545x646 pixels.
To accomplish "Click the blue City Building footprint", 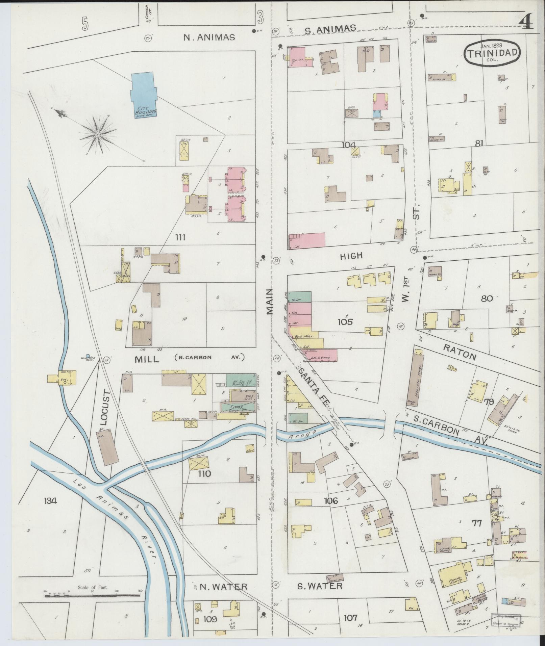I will (143, 95).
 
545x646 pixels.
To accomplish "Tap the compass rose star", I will (97, 135).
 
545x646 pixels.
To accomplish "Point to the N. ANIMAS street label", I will (209, 37).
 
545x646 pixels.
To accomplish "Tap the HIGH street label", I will (351, 256).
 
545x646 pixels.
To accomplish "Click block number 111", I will (180, 237).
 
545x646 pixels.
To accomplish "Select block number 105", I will (345, 321).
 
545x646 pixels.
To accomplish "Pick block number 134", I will (50, 500).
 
